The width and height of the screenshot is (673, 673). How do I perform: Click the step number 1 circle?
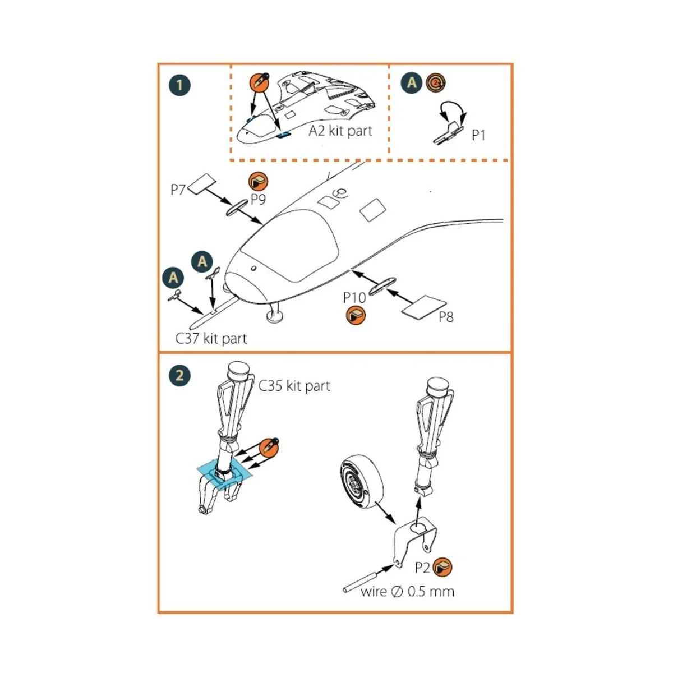tap(179, 85)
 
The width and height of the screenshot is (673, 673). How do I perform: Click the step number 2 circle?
tap(179, 375)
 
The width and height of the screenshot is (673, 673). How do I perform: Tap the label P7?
tap(178, 190)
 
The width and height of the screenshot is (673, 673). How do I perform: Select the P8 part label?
tap(446, 317)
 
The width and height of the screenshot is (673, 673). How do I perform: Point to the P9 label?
tap(258, 199)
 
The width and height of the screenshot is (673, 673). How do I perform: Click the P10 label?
tap(354, 297)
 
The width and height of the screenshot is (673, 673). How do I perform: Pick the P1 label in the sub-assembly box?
tap(478, 135)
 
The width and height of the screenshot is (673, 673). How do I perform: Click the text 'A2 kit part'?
tap(340, 131)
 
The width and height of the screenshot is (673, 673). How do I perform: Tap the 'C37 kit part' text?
tap(211, 338)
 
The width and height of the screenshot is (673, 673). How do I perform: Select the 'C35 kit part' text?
tap(294, 386)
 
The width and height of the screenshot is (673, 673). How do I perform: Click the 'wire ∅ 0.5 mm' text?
tap(407, 591)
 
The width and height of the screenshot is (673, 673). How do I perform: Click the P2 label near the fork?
tap(422, 568)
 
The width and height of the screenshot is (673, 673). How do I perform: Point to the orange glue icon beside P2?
tap(442, 568)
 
